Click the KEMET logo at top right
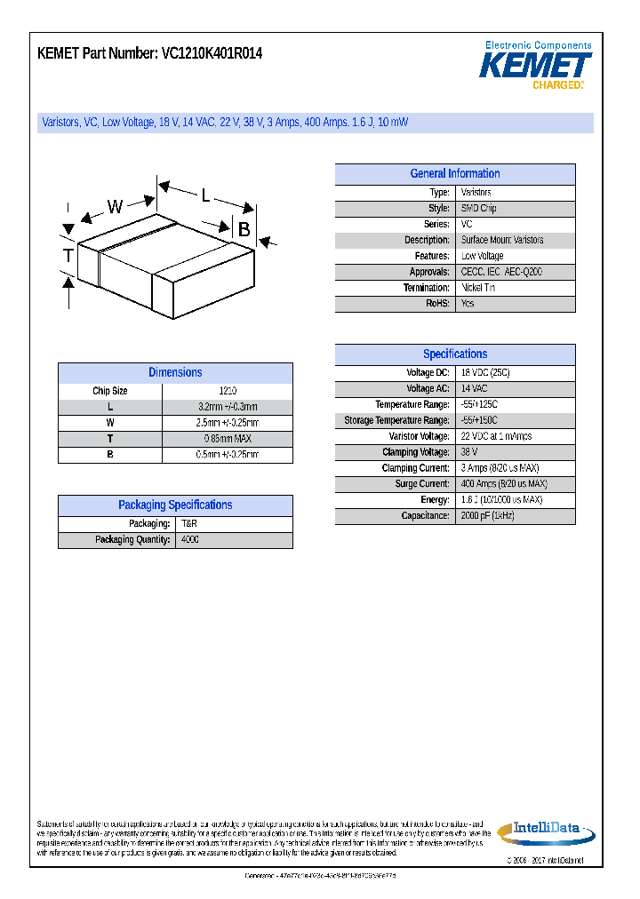[x=535, y=66]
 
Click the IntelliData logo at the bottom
[x=543, y=831]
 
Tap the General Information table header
[x=454, y=174]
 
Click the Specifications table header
[x=454, y=354]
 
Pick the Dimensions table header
[x=175, y=373]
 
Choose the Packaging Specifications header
[x=175, y=505]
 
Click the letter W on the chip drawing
[x=115, y=207]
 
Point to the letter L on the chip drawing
[x=205, y=195]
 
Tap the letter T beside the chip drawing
[x=68, y=257]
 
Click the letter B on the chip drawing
[x=244, y=228]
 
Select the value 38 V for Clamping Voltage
[x=469, y=452]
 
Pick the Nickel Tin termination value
[x=478, y=288]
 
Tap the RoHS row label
[x=437, y=304]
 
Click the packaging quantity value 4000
[x=190, y=540]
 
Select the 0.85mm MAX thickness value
[x=227, y=439]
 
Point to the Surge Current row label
[x=421, y=484]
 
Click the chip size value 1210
[x=227, y=391]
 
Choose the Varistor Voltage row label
[x=419, y=436]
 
